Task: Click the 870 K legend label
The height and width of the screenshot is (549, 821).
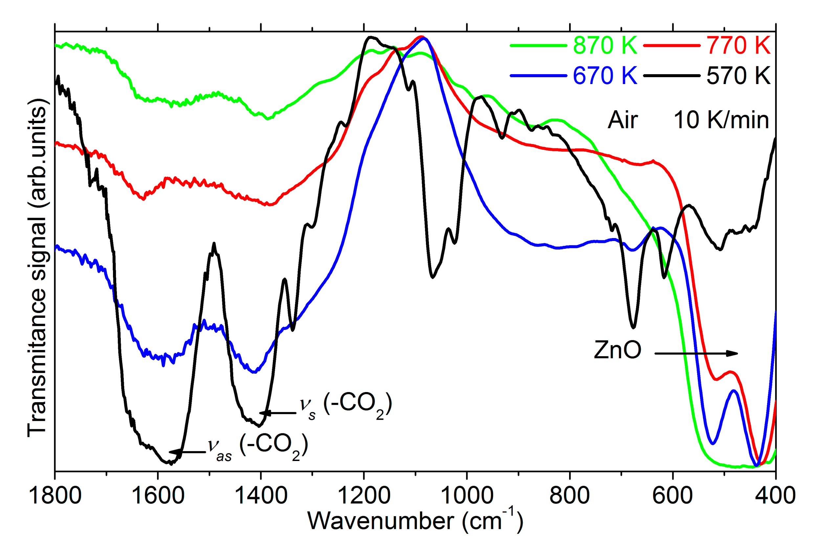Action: point(605,46)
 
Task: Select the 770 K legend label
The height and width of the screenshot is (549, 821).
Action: point(738,46)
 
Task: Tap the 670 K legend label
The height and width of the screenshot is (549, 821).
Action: point(605,76)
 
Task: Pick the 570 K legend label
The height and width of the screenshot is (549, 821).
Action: point(738,76)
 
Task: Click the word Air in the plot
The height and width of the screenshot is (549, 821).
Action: point(623,120)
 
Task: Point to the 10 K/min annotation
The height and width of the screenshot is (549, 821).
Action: point(721,120)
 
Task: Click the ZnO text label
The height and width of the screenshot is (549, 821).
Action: point(618,350)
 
